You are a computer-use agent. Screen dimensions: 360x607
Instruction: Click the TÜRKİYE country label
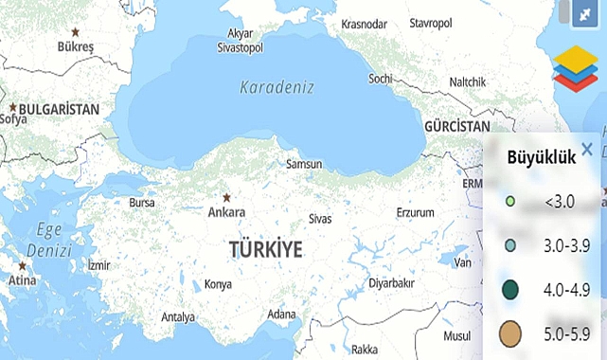[265, 250]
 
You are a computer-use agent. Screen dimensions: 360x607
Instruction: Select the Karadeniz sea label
[276, 88]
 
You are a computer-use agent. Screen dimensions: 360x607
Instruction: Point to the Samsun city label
[304, 165]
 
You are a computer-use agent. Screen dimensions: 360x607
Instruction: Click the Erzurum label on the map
[420, 210]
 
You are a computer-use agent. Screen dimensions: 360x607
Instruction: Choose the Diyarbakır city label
[392, 282]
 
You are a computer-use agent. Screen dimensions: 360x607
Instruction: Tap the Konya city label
[218, 284]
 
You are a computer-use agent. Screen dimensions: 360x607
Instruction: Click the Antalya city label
[178, 316]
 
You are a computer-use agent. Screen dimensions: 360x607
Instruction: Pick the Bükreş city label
[77, 45]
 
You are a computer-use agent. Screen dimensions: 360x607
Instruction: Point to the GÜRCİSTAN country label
[456, 126]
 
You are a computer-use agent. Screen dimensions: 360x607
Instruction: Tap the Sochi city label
[380, 78]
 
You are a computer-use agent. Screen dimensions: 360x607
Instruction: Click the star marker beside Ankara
[226, 198]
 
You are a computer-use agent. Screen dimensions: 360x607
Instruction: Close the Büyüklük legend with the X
[587, 149]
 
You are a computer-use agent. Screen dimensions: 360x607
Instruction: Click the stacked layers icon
[576, 68]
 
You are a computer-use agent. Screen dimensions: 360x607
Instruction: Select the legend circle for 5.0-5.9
[511, 334]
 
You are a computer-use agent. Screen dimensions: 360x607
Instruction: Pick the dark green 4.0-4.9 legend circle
[511, 289]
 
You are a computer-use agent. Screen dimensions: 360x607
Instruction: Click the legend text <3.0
[559, 201]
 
